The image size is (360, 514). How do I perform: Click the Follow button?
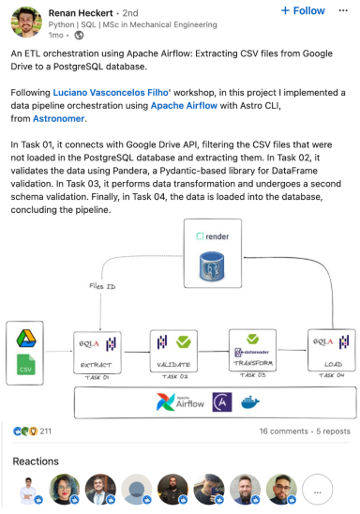click(x=303, y=11)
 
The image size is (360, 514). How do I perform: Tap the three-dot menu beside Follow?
click(x=341, y=11)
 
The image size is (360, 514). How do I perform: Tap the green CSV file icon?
click(x=26, y=366)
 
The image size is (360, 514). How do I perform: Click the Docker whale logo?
click(x=250, y=402)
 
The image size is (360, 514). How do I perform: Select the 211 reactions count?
click(x=45, y=431)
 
